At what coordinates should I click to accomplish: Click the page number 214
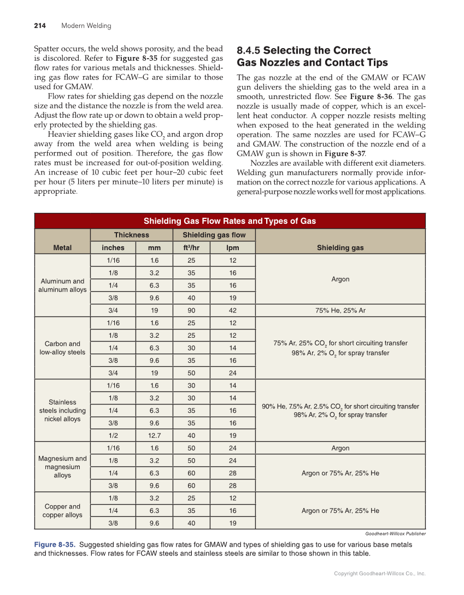pos(39,26)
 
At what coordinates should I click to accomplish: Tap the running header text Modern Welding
pos(86,26)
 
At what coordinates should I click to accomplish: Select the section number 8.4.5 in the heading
pos(248,50)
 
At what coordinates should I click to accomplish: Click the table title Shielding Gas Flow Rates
pos(230,221)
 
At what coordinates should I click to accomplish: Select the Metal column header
pos(62,247)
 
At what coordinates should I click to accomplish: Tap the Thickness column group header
pos(131,235)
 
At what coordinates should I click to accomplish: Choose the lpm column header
pos(232,247)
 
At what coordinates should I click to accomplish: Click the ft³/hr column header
pos(191,247)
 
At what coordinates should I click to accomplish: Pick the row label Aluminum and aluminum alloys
pos(62,285)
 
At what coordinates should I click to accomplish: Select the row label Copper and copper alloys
pos(62,511)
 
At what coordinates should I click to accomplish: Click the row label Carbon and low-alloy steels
pos(62,348)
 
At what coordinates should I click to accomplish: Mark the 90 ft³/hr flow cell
pos(191,310)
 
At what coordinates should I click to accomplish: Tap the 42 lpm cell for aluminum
pos(232,310)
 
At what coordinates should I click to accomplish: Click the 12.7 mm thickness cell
pos(154,436)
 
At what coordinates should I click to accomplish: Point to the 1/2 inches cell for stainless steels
pos(113,436)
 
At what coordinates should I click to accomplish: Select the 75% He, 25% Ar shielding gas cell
pos(340,310)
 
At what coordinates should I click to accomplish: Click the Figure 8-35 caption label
pos(55,545)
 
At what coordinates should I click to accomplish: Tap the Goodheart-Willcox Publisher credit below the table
pos(395,534)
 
